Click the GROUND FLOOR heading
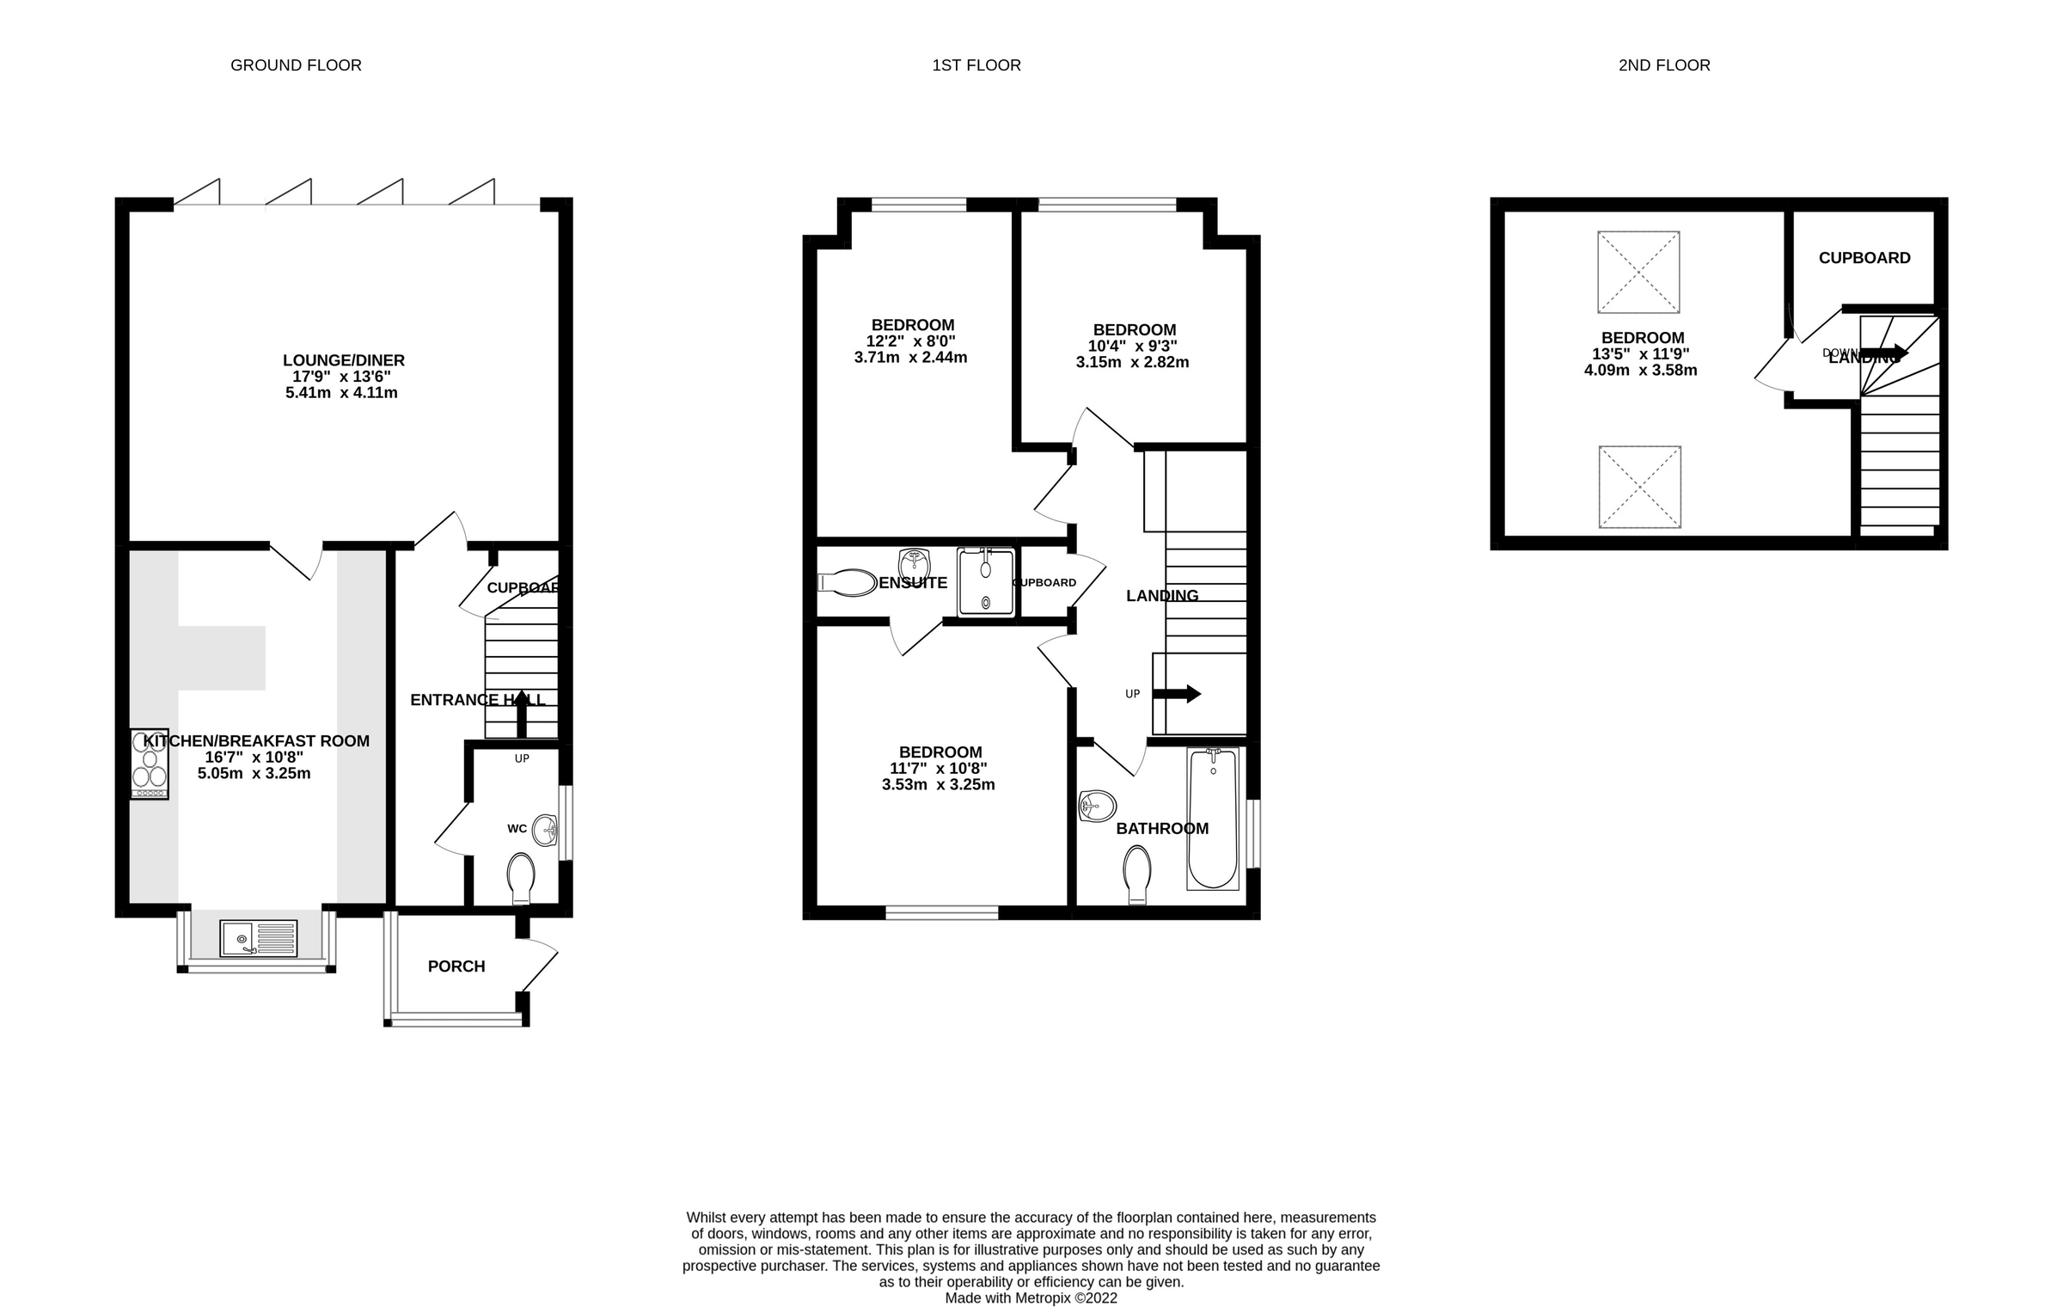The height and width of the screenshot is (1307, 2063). point(296,65)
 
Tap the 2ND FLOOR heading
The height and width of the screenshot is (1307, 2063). point(1663,65)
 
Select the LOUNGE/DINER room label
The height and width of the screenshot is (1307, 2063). point(344,360)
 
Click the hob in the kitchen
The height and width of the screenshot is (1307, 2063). point(149,764)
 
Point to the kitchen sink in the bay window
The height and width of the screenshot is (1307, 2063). point(258,938)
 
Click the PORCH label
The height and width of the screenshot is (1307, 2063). point(456,966)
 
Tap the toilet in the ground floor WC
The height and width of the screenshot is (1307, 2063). point(521,877)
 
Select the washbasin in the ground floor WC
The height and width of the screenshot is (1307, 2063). point(546,831)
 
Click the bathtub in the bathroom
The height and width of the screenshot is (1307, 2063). point(1212,818)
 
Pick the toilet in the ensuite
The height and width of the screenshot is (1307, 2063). point(847,582)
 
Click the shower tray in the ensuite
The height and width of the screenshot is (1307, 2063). point(985,582)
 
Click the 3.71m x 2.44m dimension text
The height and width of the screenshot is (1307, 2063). point(910,358)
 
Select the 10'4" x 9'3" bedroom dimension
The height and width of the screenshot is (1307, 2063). point(1132,346)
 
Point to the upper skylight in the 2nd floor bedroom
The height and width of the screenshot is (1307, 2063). point(1638,272)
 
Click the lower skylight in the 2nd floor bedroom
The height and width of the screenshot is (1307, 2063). point(1639,487)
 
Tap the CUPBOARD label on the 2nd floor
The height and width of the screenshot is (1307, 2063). point(1864,258)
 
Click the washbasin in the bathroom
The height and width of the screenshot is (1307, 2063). point(1098,807)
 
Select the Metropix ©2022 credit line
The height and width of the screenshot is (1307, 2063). point(1031,1298)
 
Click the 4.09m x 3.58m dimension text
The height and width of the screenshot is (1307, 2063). point(1640,371)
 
